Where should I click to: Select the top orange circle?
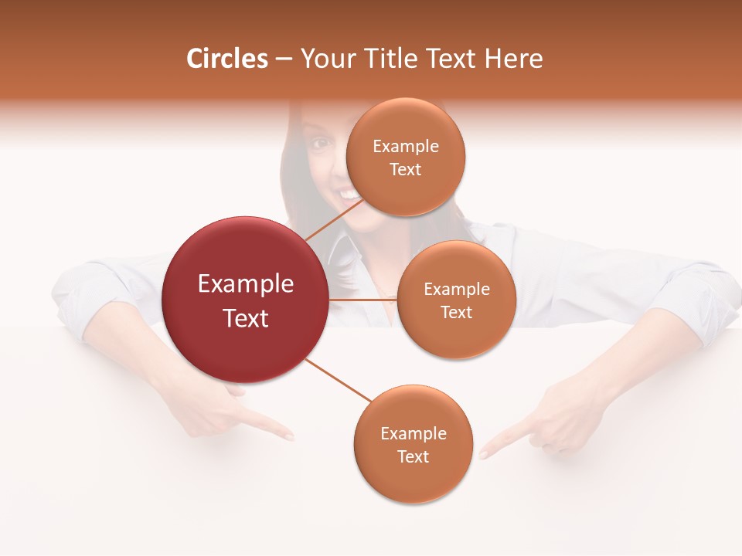(405, 157)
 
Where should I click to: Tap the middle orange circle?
(456, 300)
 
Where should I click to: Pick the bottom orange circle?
(413, 444)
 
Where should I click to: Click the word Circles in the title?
(227, 59)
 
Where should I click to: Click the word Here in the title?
(514, 59)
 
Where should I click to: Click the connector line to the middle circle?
(363, 299)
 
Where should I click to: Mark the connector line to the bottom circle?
(339, 381)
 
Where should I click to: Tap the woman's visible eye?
(319, 143)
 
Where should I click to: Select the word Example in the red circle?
(246, 284)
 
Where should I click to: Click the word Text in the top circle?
(405, 170)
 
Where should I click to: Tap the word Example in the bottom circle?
(413, 433)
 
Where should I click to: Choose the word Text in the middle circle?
(456, 312)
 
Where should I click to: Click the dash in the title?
(284, 59)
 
